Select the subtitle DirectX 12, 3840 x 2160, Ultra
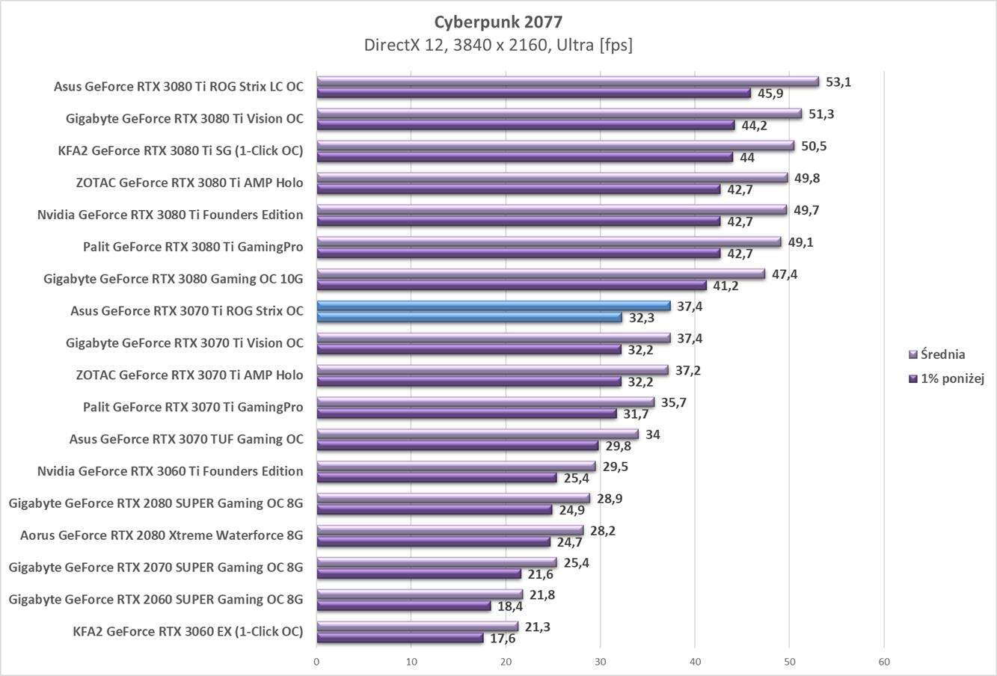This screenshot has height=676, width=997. click(x=498, y=45)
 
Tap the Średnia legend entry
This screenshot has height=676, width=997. click(x=942, y=354)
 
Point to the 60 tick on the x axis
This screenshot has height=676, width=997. click(x=884, y=662)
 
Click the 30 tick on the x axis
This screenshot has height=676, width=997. click(x=600, y=662)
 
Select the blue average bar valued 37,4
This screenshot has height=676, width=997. click(x=494, y=306)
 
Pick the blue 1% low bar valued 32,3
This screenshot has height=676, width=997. click(x=469, y=318)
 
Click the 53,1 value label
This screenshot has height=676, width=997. click(x=838, y=82)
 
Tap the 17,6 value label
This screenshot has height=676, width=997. click(x=502, y=639)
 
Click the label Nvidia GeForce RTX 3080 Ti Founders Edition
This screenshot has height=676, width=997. click(x=170, y=215)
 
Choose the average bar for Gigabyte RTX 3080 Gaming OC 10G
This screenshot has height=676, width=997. click(x=541, y=274)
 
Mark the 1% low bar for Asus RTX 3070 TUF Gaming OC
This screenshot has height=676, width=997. click(x=458, y=446)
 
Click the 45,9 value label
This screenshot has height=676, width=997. click(x=770, y=93)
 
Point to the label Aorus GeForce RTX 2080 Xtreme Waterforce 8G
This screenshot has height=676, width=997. click(x=162, y=535)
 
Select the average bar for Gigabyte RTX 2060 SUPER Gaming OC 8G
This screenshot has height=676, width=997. click(x=420, y=594)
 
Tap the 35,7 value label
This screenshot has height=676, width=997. click(x=673, y=402)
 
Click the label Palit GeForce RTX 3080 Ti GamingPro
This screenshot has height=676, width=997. click(x=193, y=247)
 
